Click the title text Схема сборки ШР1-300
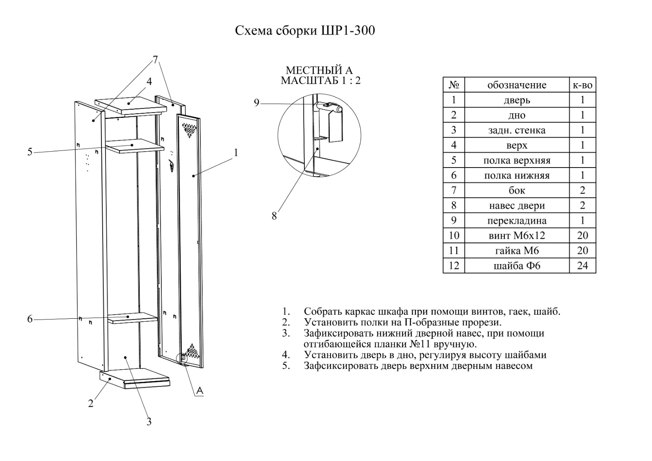tap(305, 31)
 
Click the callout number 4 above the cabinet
tap(149, 82)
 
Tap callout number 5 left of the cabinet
tap(30, 152)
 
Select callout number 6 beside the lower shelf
tap(30, 319)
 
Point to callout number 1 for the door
tap(236, 152)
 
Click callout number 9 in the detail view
tap(256, 103)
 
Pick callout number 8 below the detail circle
tap(274, 216)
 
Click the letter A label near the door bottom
tap(199, 391)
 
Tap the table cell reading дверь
tap(517, 100)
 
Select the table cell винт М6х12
tap(517, 236)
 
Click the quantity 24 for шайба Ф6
tap(582, 266)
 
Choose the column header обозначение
tap(517, 85)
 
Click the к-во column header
tap(582, 85)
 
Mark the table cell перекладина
tap(517, 221)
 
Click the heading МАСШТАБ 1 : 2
tap(320, 80)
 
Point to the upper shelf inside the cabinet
tap(134, 145)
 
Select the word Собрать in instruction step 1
tap(320, 312)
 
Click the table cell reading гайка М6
tap(517, 251)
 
